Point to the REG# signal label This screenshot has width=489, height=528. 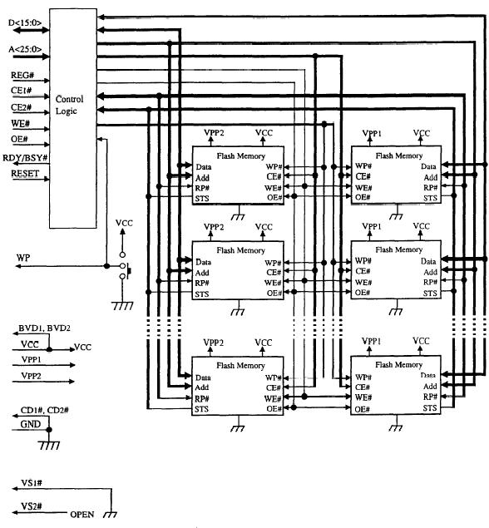[x=22, y=75]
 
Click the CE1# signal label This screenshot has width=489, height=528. [x=22, y=91]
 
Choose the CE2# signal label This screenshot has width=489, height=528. [x=22, y=108]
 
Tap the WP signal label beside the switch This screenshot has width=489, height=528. [x=22, y=259]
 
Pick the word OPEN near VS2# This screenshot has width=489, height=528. [x=82, y=515]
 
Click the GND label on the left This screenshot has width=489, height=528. [x=29, y=424]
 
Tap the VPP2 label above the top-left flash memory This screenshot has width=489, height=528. [x=214, y=132]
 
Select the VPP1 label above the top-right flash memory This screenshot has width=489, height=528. [x=371, y=132]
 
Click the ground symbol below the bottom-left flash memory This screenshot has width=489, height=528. [x=237, y=430]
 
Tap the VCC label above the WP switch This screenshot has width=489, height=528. [x=124, y=225]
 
